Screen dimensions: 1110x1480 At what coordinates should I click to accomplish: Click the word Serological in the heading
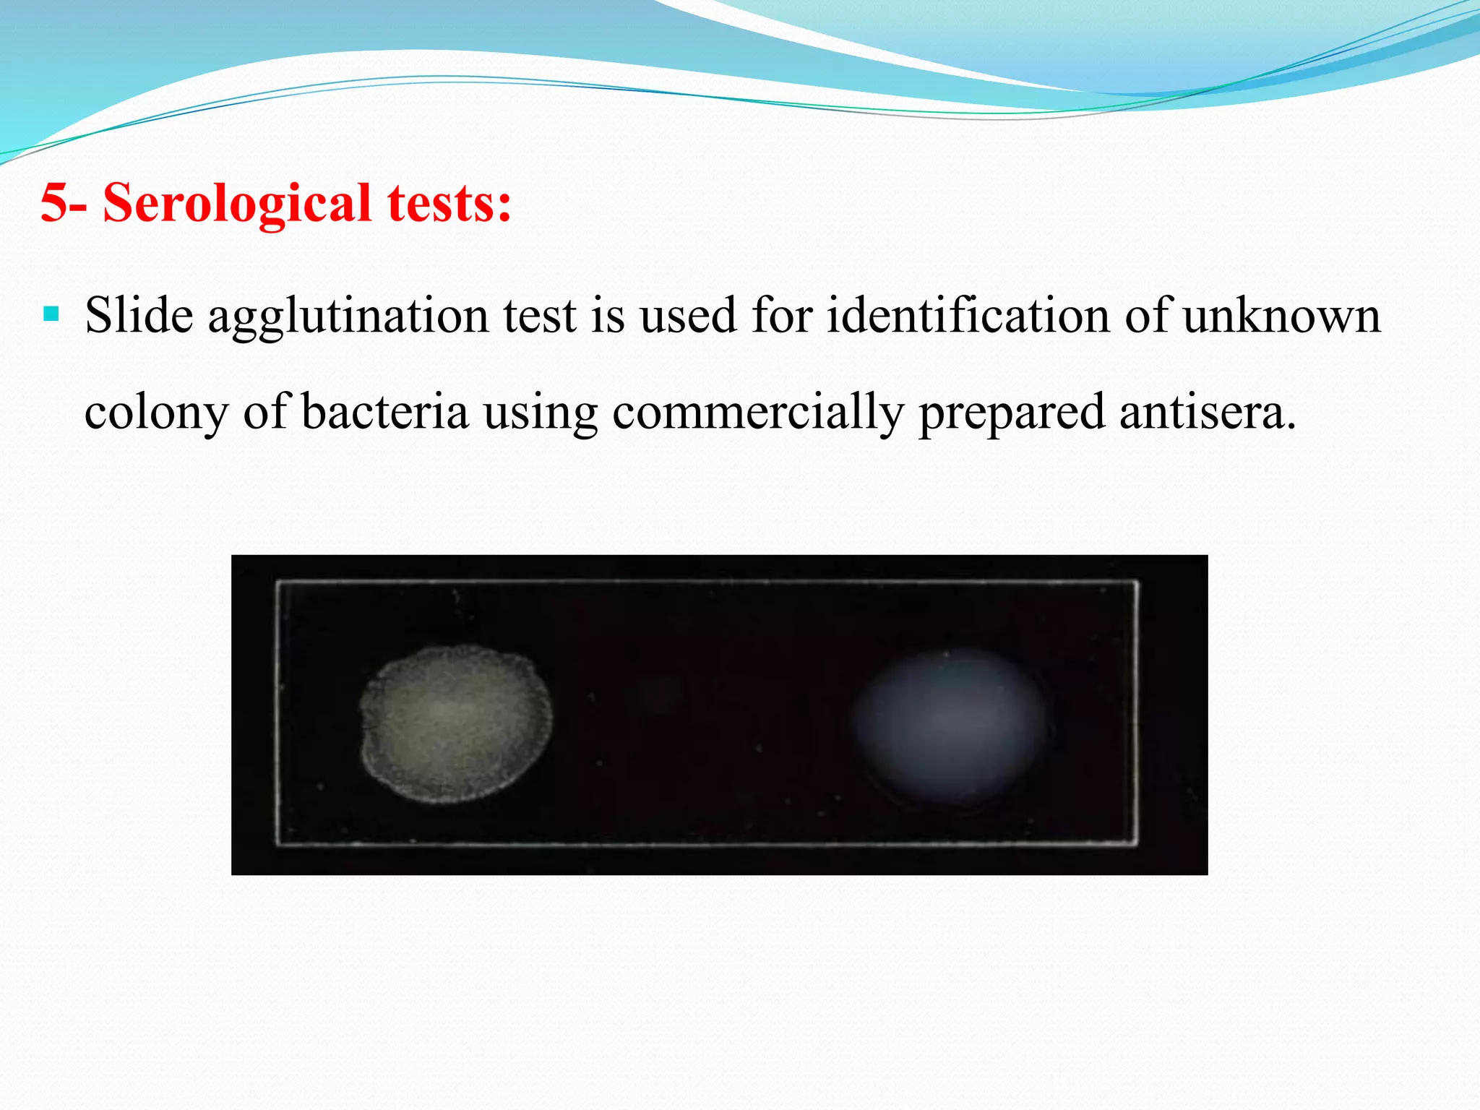coord(237,204)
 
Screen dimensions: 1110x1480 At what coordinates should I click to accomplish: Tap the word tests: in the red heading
coord(449,202)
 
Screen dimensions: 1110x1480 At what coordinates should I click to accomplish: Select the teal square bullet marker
coord(51,314)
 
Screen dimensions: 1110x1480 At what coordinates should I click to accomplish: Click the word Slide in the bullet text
coord(139,316)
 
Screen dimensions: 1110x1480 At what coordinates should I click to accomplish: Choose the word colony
coord(156,413)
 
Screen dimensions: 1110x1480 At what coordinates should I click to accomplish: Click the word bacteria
coord(384,412)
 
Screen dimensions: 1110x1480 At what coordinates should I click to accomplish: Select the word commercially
coord(757,413)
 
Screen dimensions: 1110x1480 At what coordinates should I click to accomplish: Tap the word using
coord(541,413)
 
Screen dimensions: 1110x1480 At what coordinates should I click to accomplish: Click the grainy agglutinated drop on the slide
coord(456,723)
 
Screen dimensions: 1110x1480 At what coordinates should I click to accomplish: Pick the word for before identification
coord(782,316)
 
